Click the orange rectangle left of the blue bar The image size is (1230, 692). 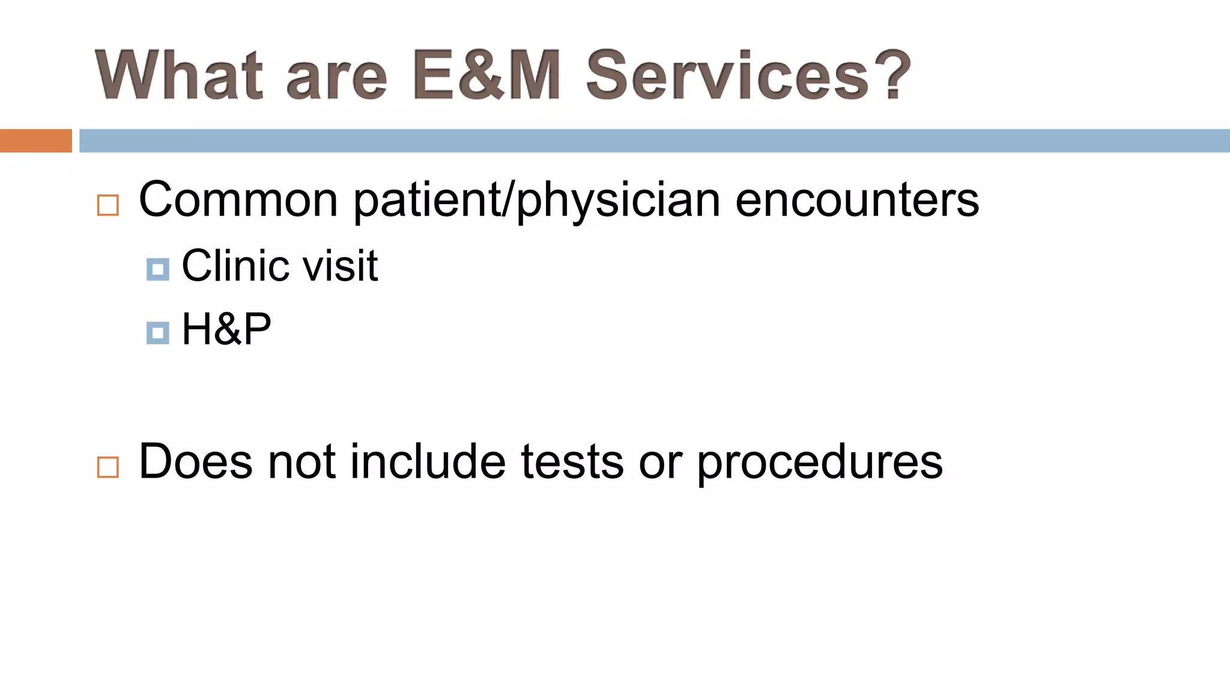click(x=35, y=141)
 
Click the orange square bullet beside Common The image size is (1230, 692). click(x=108, y=205)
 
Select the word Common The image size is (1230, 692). click(x=238, y=199)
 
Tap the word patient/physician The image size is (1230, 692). click(x=536, y=201)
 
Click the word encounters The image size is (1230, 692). click(x=857, y=199)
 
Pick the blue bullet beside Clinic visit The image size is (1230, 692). click(x=158, y=269)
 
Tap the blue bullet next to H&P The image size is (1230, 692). click(x=158, y=333)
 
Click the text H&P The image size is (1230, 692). click(x=226, y=329)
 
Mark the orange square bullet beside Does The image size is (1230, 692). click(x=108, y=467)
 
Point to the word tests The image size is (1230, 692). click(x=572, y=461)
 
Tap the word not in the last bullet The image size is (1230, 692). click(x=301, y=461)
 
